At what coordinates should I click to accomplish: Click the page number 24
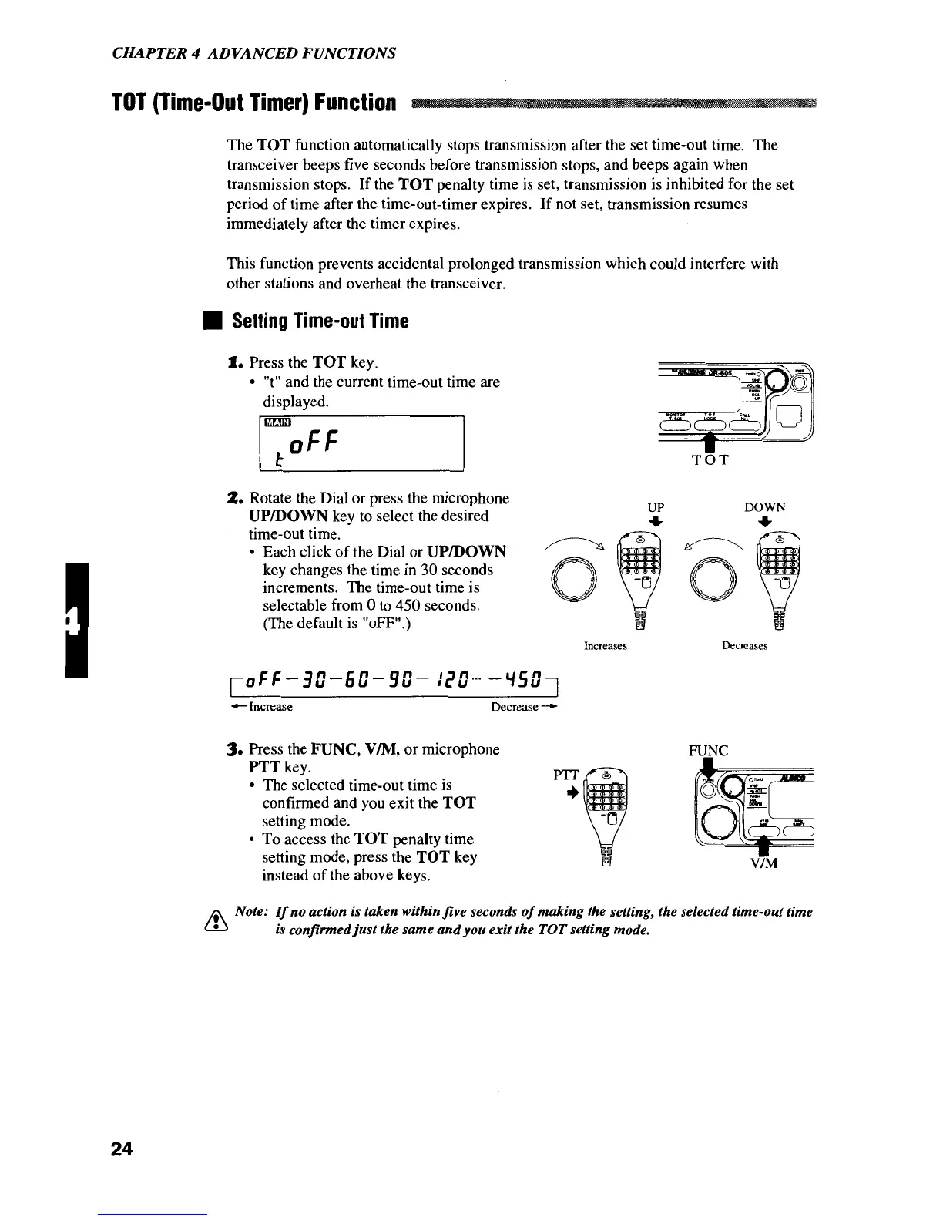click(122, 1149)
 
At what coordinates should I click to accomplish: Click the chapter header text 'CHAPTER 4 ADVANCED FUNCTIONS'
click(254, 53)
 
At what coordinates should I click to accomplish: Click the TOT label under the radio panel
click(711, 460)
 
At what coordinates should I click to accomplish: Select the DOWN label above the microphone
click(765, 507)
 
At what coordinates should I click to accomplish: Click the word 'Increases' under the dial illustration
click(606, 646)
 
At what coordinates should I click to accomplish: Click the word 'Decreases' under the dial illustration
click(744, 646)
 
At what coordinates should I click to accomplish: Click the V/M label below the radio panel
click(762, 863)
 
